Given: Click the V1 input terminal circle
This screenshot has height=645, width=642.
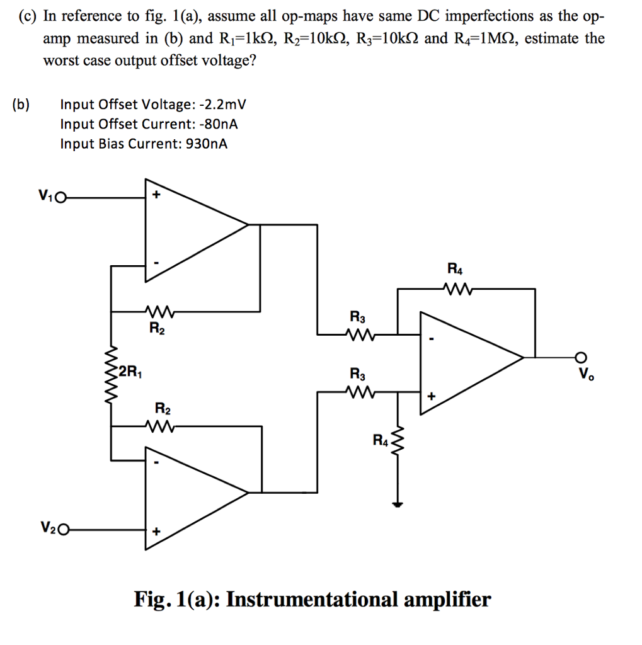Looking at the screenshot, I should click(x=60, y=197).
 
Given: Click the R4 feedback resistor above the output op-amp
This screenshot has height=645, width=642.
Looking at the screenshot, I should click(x=454, y=289).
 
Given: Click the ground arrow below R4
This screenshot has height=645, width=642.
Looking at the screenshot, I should click(x=397, y=503).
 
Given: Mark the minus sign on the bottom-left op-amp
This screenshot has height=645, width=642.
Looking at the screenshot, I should click(x=156, y=464).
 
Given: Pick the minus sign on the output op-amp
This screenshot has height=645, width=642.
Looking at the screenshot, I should click(x=431, y=341).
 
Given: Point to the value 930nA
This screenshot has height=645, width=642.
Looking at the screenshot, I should click(x=205, y=144).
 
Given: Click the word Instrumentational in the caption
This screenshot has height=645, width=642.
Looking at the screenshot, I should click(x=312, y=598).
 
